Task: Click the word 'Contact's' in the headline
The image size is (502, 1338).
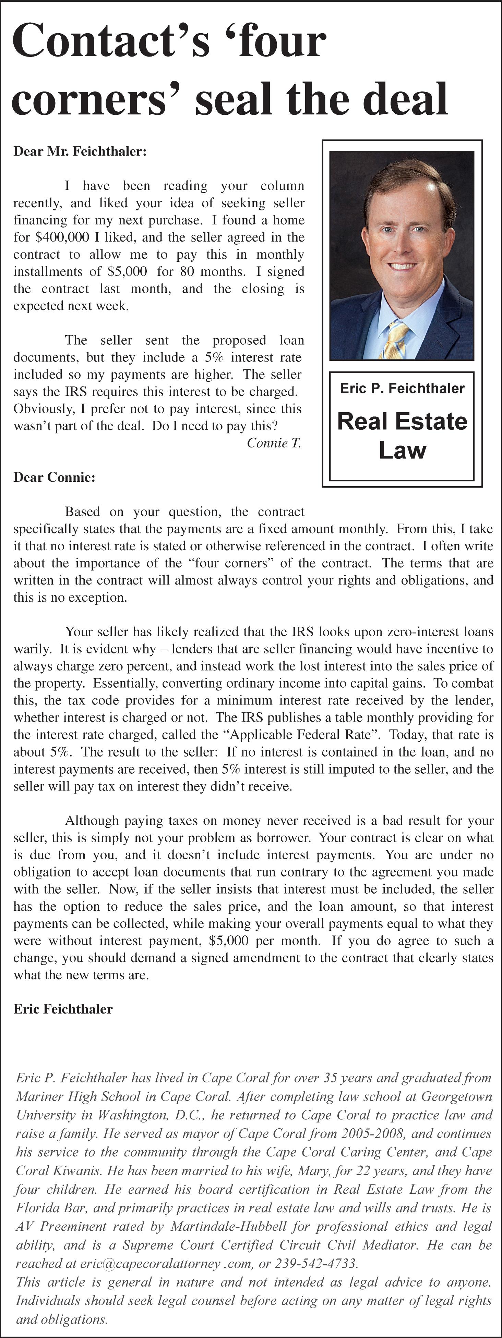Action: [x=111, y=41]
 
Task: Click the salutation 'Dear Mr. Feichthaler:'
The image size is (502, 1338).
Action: [x=80, y=152]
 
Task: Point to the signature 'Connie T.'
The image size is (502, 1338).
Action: [x=274, y=443]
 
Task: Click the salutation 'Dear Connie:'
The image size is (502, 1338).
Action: [x=55, y=477]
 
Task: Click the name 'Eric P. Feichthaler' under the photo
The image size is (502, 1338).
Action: [x=402, y=389]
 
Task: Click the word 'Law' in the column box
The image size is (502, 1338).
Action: [x=402, y=450]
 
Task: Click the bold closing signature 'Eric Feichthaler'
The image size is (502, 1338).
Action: [x=63, y=1009]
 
